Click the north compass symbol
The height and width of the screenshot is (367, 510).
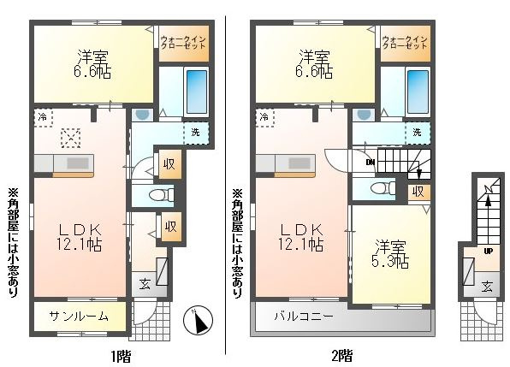click(198, 320)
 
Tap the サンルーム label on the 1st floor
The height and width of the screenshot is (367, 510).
click(79, 316)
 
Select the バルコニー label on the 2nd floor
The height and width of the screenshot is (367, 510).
click(304, 316)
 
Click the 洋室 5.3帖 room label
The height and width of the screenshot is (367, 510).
click(390, 254)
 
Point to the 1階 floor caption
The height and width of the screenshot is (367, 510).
click(121, 356)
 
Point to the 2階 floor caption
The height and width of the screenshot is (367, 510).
click(342, 356)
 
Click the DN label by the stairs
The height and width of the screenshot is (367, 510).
click(371, 163)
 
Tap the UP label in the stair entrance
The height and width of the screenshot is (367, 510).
click(488, 251)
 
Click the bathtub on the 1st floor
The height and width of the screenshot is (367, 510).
click(197, 92)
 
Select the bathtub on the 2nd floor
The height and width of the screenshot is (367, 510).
click(418, 92)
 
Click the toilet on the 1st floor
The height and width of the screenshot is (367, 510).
click(162, 195)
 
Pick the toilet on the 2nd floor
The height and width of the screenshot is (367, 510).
click(383, 188)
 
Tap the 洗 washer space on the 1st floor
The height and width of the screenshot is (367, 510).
click(195, 133)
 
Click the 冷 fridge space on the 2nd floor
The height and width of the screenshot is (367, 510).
click(264, 117)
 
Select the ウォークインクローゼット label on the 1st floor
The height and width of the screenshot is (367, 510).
click(183, 43)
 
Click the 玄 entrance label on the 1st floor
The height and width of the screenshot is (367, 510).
click(145, 285)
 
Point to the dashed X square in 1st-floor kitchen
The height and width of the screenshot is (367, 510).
click(71, 138)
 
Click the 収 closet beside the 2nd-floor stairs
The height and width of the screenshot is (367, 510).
click(419, 192)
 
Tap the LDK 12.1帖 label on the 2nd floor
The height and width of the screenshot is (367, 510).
click(301, 237)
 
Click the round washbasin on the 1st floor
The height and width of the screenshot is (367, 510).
click(142, 114)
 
